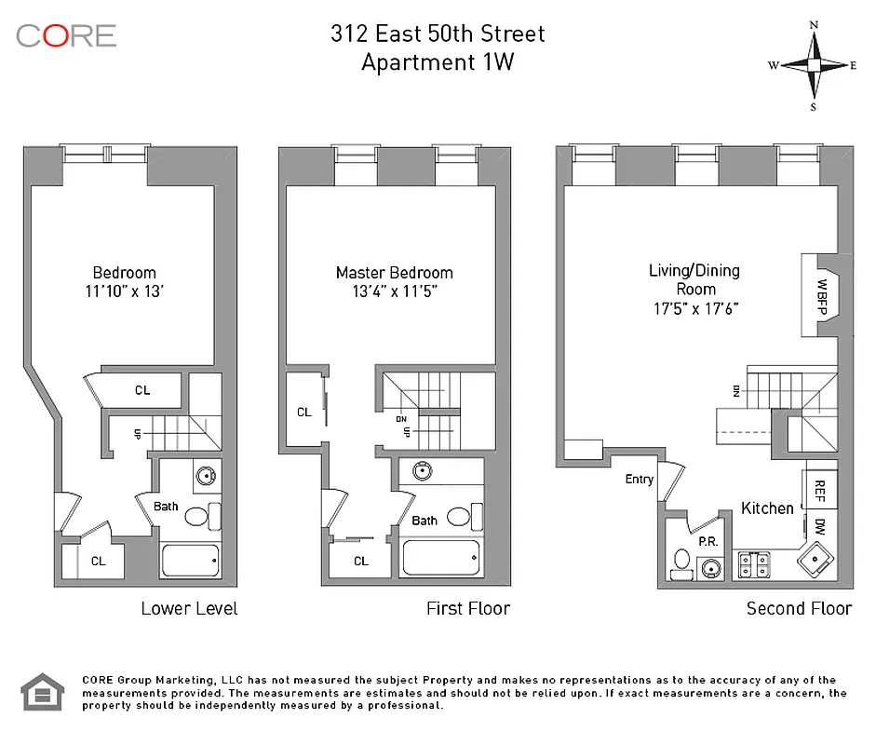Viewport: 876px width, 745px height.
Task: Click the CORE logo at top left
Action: (66, 36)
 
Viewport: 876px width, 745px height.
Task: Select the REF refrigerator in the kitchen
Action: (820, 490)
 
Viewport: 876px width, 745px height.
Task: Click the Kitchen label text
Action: (767, 508)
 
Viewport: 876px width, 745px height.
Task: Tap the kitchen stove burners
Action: (751, 564)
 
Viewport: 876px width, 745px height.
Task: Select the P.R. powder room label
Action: (706, 542)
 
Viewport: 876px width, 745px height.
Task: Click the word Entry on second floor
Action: (639, 480)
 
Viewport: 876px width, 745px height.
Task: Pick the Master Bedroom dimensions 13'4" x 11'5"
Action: (394, 291)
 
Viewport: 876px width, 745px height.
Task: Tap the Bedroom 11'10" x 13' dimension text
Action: (125, 291)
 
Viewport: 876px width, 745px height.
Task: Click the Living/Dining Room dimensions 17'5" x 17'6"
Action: (694, 308)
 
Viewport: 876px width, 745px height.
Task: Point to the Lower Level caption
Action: (189, 608)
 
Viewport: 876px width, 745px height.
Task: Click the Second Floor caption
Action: (799, 608)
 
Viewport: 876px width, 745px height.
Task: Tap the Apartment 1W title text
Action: (438, 63)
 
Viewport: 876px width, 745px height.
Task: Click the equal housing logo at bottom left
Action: (42, 692)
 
